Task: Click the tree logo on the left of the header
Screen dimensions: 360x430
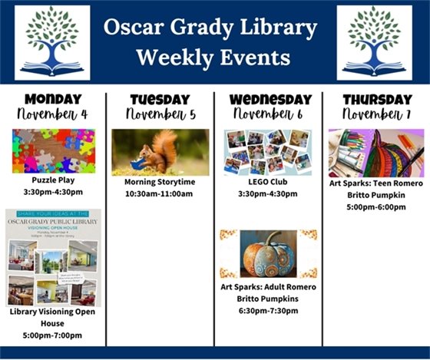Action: tap(52, 42)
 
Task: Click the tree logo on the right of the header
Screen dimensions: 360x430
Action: tap(374, 42)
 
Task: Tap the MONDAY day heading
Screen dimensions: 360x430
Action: tap(53, 99)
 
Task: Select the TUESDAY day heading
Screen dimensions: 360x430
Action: tap(160, 100)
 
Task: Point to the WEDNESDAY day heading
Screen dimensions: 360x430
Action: tap(268, 100)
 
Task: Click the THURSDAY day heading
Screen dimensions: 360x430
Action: tap(376, 100)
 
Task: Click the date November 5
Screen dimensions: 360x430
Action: tap(160, 115)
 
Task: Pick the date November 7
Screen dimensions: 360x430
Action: tap(376, 115)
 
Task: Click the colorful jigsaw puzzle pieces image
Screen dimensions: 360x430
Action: tap(53, 150)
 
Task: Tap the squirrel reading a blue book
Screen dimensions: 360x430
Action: tap(160, 152)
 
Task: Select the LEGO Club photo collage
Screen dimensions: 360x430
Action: tap(267, 152)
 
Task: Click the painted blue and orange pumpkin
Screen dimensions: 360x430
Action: tap(268, 254)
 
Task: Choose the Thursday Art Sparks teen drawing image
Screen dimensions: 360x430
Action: tap(376, 153)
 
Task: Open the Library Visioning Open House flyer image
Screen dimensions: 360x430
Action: tap(53, 258)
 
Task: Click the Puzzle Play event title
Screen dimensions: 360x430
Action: tap(53, 180)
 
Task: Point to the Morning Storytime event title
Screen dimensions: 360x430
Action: tap(160, 183)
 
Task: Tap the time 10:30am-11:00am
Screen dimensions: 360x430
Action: tap(160, 194)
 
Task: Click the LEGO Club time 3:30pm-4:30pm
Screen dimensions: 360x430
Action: tap(268, 194)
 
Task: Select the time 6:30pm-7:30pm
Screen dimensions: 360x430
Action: tap(268, 309)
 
